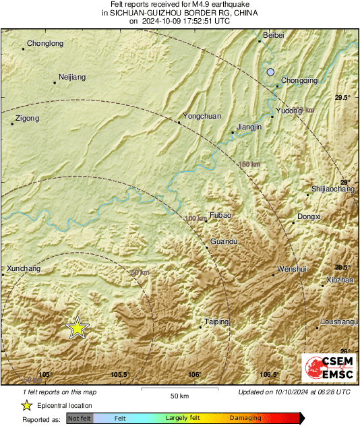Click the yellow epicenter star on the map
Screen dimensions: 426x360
[x=78, y=328]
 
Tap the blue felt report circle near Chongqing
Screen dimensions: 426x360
[x=271, y=72]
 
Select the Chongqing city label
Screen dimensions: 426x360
[x=299, y=81]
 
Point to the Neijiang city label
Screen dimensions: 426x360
[x=72, y=78]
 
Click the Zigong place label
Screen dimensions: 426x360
[x=26, y=119]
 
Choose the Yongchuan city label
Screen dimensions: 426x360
[x=202, y=117]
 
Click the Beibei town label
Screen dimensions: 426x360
[x=274, y=34]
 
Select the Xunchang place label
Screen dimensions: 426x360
[x=24, y=269]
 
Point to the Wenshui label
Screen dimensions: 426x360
[x=291, y=270]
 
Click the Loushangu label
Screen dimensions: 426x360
[x=338, y=322]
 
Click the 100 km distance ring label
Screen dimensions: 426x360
[x=196, y=218]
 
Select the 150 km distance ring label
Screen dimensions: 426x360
[x=249, y=164]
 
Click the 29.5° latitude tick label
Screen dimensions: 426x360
[x=343, y=98]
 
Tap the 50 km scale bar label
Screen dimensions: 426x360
[x=179, y=395]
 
